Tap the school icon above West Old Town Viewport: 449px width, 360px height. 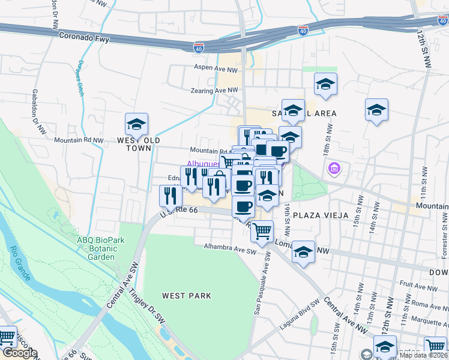pyautogui.click(x=136, y=124)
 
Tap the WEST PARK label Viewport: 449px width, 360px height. pyautogui.click(x=186, y=295)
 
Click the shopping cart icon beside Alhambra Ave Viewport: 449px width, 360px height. pyautogui.click(x=262, y=231)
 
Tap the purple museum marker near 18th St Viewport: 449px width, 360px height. pyautogui.click(x=334, y=170)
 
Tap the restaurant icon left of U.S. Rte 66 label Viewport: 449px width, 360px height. pyautogui.click(x=170, y=196)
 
